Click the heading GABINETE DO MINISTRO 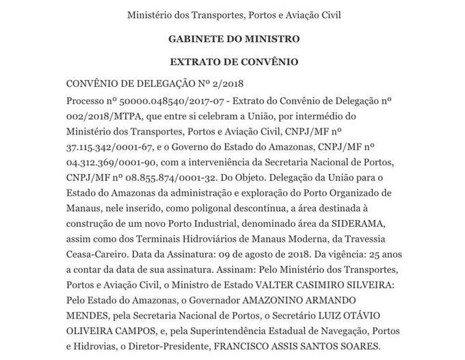point(234,38)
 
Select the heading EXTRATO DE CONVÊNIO point(234,61)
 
